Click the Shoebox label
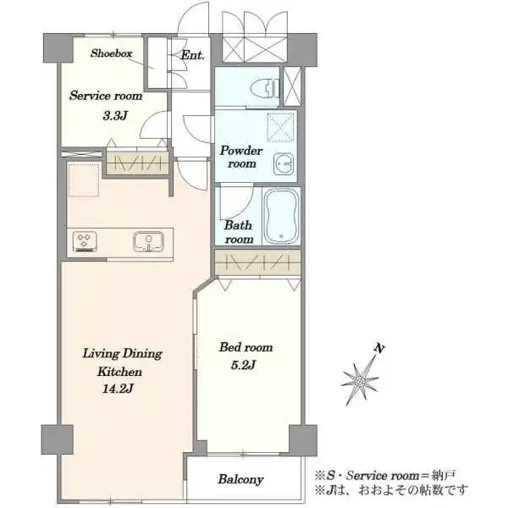[111, 52]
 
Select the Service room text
[106, 96]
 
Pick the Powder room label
[241, 157]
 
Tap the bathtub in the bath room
[281, 217]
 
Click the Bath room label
[238, 232]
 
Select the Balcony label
[240, 479]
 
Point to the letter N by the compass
[381, 349]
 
